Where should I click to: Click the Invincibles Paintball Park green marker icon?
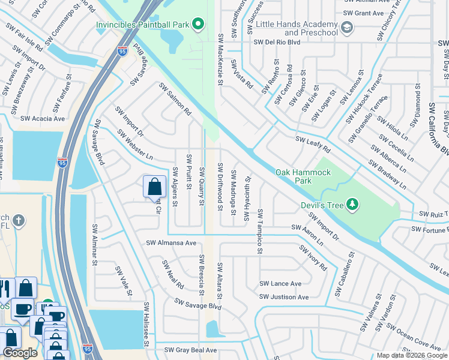(198, 25)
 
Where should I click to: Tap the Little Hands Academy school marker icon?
(347, 28)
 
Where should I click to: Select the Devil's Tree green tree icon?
(352, 205)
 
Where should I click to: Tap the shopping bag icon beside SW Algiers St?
(154, 187)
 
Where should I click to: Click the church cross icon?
(19, 221)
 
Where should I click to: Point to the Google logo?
(20, 353)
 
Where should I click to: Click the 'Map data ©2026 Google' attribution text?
(412, 355)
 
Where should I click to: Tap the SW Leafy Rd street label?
(313, 143)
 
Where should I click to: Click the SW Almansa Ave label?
(172, 243)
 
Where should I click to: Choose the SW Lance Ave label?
(280, 284)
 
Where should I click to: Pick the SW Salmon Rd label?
(175, 100)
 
